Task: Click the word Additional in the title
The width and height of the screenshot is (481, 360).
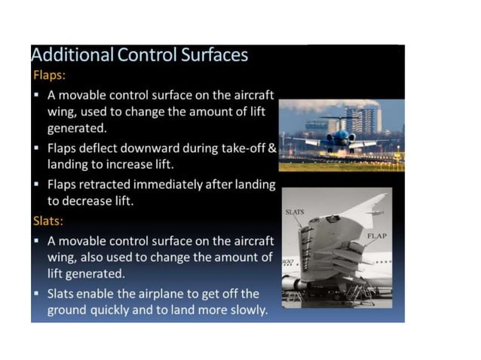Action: (71, 56)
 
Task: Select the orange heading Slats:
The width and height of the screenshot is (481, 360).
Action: (50, 221)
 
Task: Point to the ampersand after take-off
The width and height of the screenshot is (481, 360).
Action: (273, 148)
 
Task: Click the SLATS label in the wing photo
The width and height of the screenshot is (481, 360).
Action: (294, 212)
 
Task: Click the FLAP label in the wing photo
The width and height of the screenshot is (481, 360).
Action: (376, 236)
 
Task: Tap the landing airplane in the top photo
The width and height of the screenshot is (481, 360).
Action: (341, 139)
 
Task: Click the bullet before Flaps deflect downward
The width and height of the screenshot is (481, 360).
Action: (37, 148)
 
